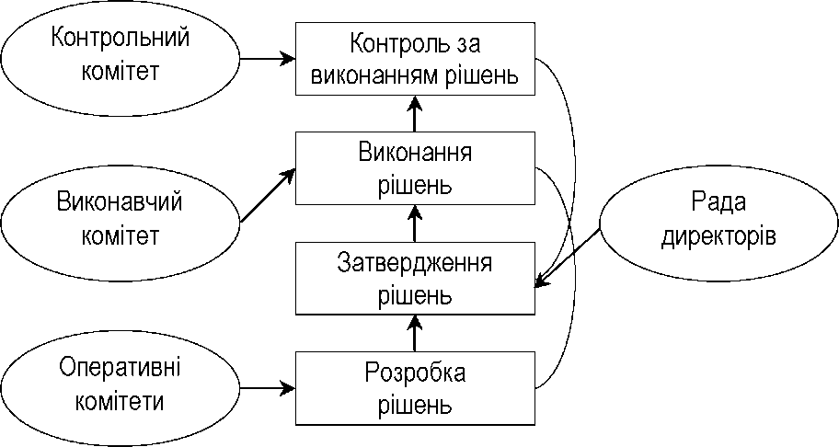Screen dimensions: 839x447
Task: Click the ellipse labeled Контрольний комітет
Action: coord(121,58)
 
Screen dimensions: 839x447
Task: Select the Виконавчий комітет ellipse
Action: coord(121,222)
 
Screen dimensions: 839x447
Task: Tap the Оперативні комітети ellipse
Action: coord(121,386)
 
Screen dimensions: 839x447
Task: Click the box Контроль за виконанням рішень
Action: coord(415,59)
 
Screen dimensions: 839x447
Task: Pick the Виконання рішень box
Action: coord(415,168)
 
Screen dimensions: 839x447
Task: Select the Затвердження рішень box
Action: coord(415,278)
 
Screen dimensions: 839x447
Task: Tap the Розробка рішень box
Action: coord(415,388)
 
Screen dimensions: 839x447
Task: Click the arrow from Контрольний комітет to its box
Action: coord(268,58)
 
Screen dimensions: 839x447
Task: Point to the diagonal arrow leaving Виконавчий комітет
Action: coord(268,195)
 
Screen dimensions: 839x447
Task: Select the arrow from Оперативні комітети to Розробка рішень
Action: coord(268,387)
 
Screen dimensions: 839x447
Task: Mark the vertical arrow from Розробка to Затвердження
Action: coord(415,333)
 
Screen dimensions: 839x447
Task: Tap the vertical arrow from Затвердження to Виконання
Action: coord(415,223)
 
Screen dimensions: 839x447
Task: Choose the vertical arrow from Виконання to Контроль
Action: coord(415,114)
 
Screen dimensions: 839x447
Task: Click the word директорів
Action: coord(718,236)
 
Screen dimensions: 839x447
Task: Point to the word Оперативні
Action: coord(121,368)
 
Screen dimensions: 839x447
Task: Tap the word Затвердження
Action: coord(415,264)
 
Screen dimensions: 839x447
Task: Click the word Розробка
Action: coord(415,373)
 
